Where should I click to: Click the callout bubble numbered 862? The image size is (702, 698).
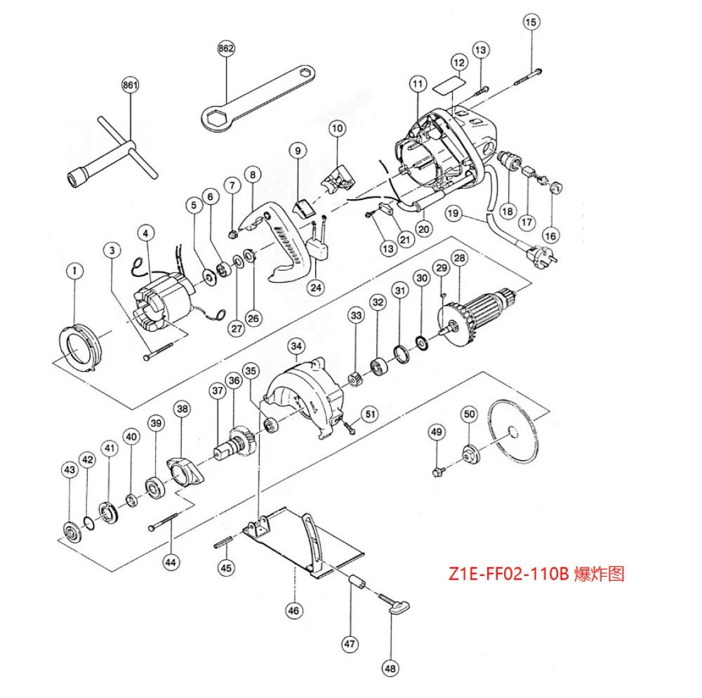[x=226, y=48]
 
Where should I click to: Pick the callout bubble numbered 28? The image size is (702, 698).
[x=459, y=259]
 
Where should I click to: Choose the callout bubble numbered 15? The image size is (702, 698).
[x=531, y=22]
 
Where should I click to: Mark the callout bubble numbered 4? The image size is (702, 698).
[x=145, y=232]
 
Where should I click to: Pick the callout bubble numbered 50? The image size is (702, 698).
[x=469, y=415]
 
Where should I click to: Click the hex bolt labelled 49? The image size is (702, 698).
[x=438, y=468]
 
